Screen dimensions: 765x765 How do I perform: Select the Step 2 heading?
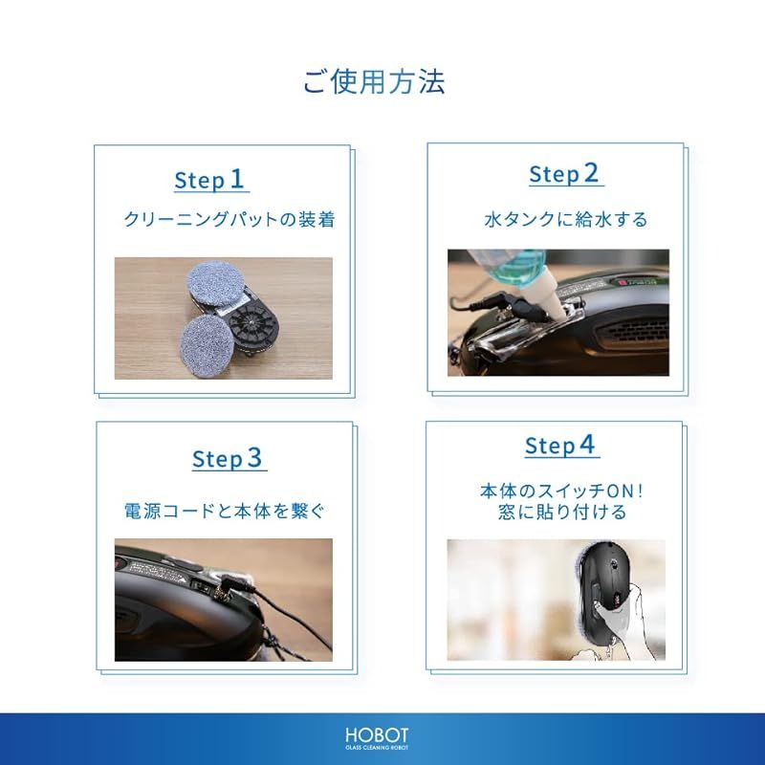(x=565, y=174)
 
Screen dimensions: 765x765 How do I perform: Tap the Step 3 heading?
(x=228, y=459)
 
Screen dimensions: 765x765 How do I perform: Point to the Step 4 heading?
(x=560, y=446)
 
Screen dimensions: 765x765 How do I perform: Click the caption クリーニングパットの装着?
(x=229, y=219)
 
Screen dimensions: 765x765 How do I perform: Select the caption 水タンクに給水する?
(x=565, y=219)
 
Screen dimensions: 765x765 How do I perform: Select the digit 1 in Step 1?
(x=237, y=179)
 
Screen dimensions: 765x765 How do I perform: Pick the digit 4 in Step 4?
(x=587, y=445)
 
